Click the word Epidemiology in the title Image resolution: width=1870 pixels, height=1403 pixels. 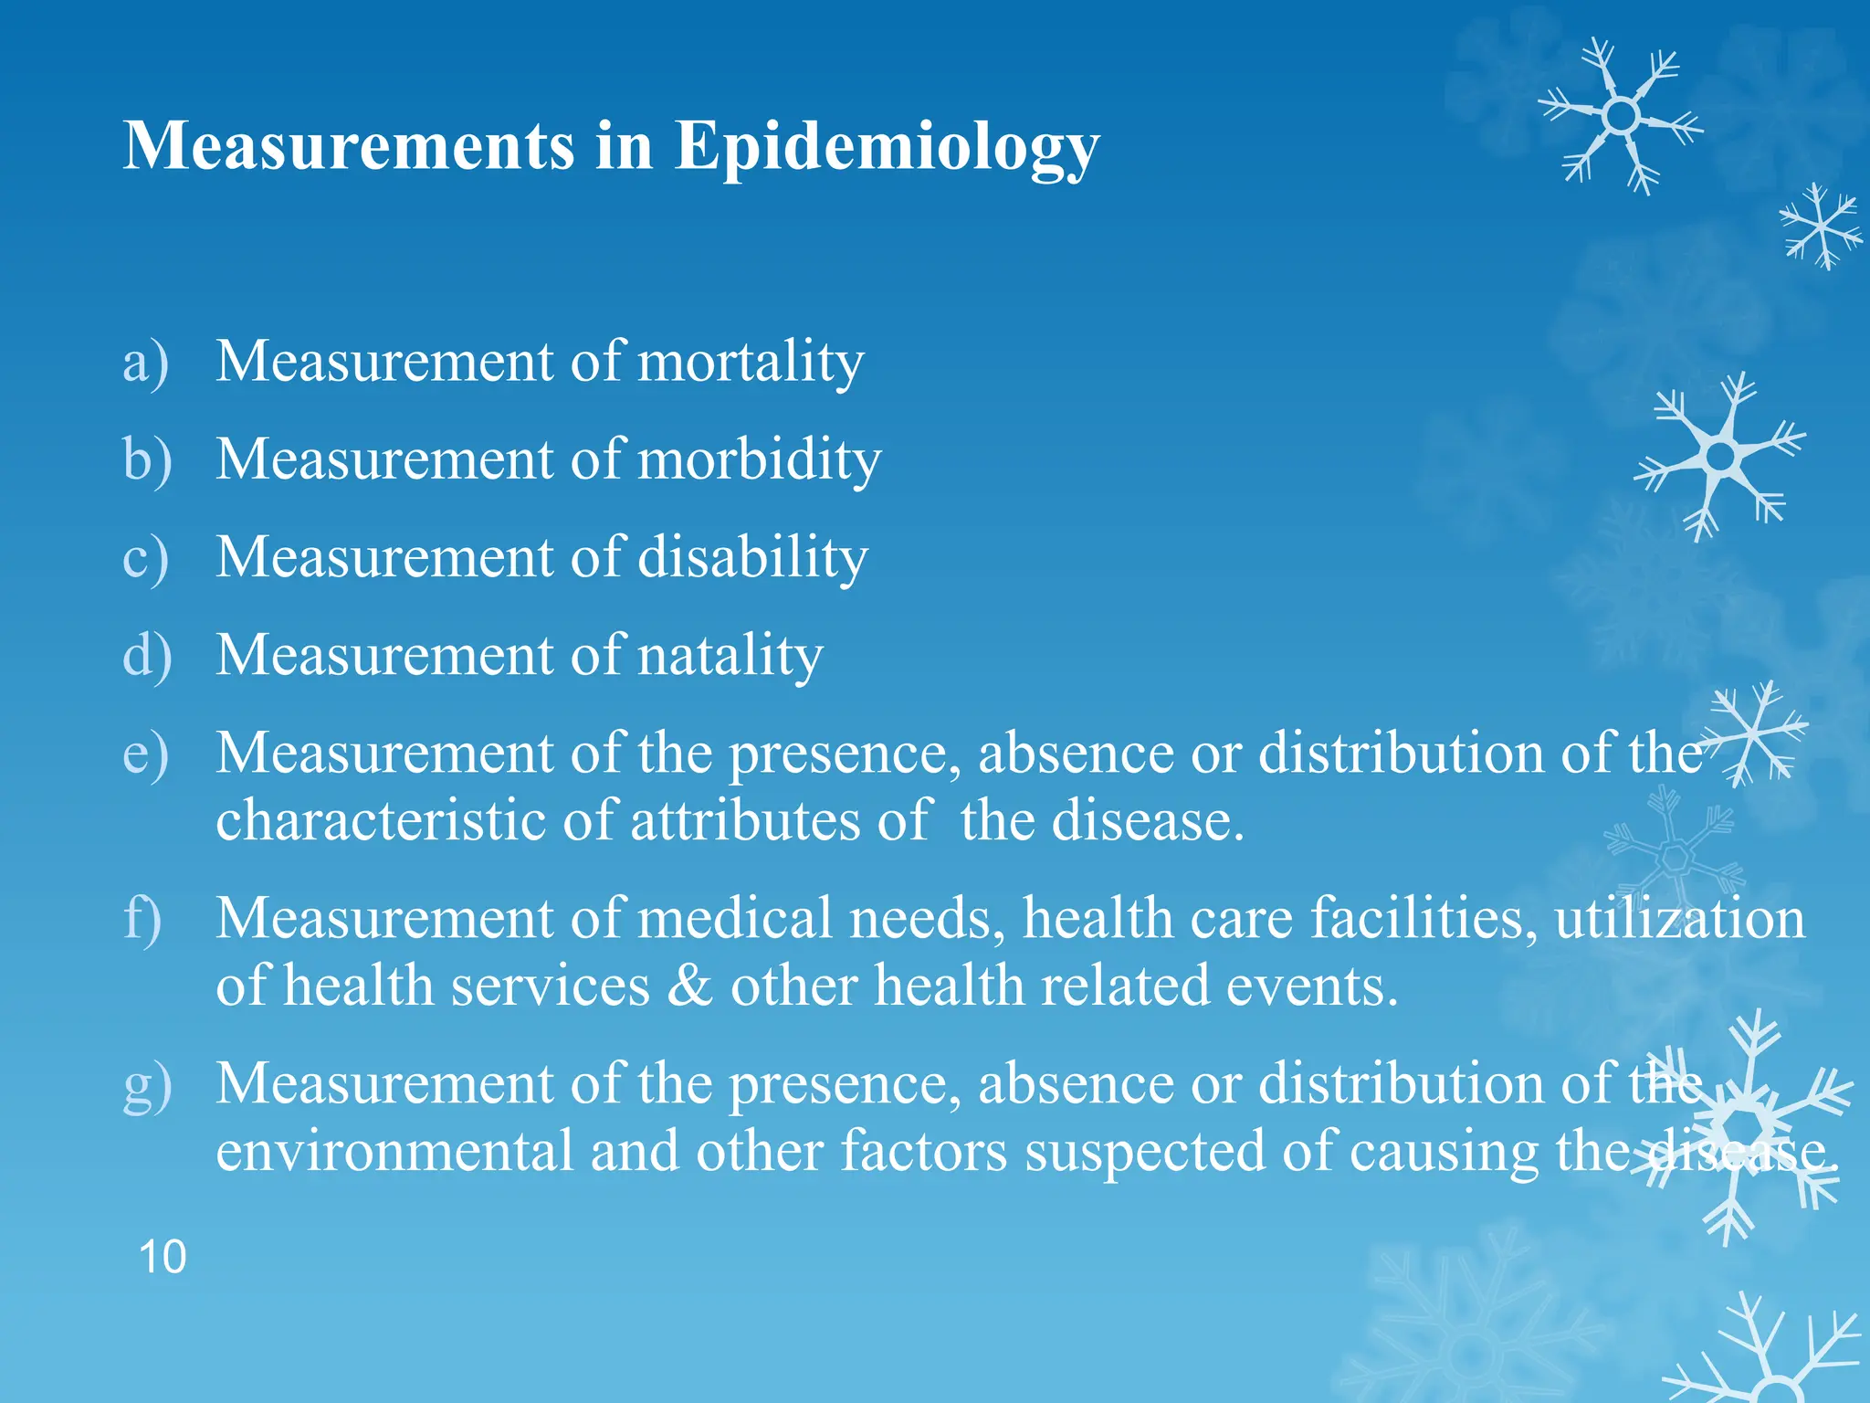tap(887, 146)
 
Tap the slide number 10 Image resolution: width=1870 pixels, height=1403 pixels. tap(163, 1257)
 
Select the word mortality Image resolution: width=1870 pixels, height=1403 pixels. tap(750, 362)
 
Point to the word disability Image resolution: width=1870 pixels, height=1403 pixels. tap(752, 557)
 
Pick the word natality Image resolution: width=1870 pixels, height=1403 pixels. tap(730, 655)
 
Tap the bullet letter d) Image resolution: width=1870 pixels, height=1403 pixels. tap(147, 655)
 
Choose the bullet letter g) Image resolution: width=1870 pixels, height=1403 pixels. tap(147, 1084)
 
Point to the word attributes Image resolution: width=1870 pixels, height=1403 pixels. tap(745, 820)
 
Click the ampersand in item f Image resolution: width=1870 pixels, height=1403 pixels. tap(689, 986)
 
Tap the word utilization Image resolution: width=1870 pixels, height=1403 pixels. tap(1679, 918)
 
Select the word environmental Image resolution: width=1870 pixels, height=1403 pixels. tap(394, 1151)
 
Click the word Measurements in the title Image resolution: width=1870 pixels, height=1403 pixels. tap(349, 146)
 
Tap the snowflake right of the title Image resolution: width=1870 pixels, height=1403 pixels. tap(1621, 116)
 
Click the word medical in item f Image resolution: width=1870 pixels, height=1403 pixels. tap(735, 918)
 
